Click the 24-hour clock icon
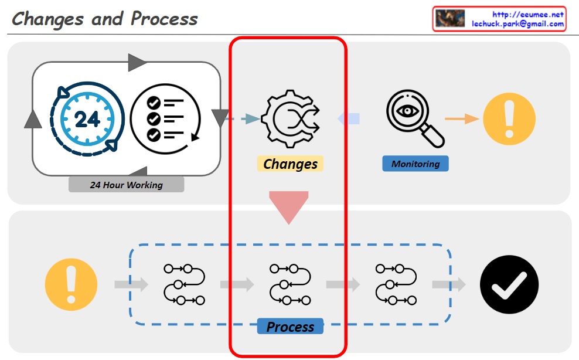tap(87, 119)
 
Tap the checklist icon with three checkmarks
tap(166, 119)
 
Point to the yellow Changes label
tap(290, 164)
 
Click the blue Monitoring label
tap(415, 164)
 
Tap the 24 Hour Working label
tap(126, 185)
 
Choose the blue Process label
tap(290, 327)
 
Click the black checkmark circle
tap(509, 285)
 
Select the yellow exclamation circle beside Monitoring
tap(509, 119)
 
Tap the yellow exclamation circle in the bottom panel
tap(71, 285)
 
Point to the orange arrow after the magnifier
tap(462, 119)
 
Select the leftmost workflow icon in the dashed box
tap(184, 285)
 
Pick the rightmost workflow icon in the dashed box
tap(396, 285)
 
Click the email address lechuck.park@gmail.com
tap(518, 24)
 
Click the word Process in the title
tap(164, 19)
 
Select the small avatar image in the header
tap(450, 19)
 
